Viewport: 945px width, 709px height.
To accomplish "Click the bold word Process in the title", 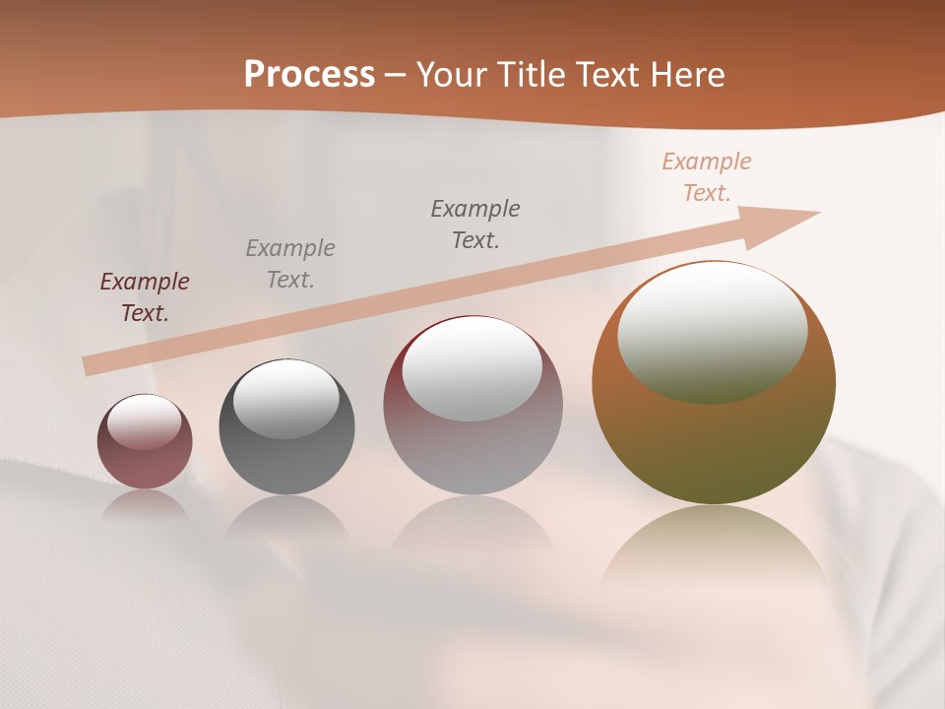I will pos(309,75).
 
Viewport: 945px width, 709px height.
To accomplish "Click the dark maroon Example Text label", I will pos(145,297).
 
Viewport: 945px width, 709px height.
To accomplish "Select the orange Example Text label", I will pos(707,177).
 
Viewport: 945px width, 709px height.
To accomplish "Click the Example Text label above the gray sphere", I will pos(290,264).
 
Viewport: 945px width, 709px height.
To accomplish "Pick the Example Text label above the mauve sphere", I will pos(475,225).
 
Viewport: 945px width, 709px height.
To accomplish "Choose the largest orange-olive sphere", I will pos(714,443).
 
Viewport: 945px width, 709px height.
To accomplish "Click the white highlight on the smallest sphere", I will pos(145,421).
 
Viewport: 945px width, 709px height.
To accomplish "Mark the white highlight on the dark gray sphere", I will pos(285,396).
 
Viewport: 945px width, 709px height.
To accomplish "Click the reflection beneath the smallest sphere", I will pos(145,504).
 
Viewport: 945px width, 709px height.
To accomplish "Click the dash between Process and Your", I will pos(396,75).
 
